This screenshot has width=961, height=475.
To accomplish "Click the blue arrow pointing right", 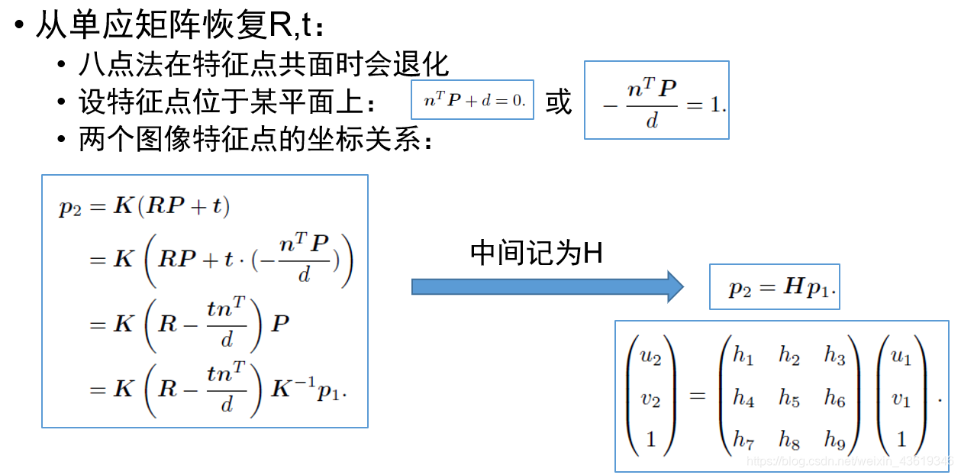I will click(x=547, y=286).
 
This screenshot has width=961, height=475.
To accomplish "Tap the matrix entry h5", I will click(x=788, y=398).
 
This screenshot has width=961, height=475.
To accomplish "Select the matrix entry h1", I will click(x=743, y=356).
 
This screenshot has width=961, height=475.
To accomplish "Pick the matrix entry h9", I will click(x=834, y=439).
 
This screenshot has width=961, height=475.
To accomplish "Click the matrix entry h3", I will click(x=834, y=356).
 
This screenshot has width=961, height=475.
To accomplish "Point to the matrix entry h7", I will click(x=743, y=439).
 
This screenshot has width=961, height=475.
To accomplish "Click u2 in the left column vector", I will click(x=651, y=356).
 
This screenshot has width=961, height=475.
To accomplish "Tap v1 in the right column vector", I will click(x=901, y=398).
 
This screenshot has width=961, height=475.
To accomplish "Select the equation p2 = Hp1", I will click(x=774, y=288).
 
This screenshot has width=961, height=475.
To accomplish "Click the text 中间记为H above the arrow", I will click(x=537, y=254).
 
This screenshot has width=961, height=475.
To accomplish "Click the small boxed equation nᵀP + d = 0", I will click(x=472, y=100).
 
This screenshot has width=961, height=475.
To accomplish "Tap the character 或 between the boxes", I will click(x=559, y=102).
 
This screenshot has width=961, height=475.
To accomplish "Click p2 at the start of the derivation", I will click(x=69, y=208).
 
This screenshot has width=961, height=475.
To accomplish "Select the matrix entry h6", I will click(x=834, y=398).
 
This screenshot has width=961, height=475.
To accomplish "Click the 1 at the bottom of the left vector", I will click(x=651, y=439).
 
